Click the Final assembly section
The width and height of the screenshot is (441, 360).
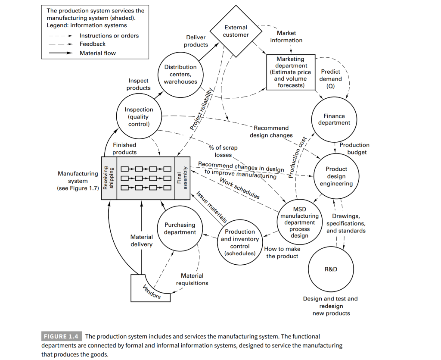[182, 178]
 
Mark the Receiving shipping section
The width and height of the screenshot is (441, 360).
[109, 178]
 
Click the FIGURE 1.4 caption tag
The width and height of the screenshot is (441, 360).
[61, 336]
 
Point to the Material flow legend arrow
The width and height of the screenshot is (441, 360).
[60, 53]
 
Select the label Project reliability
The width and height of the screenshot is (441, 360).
[201, 109]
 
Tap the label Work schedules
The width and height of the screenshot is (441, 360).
[239, 188]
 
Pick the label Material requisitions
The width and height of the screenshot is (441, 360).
[192, 279]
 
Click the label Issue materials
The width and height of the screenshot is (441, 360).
[211, 207]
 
